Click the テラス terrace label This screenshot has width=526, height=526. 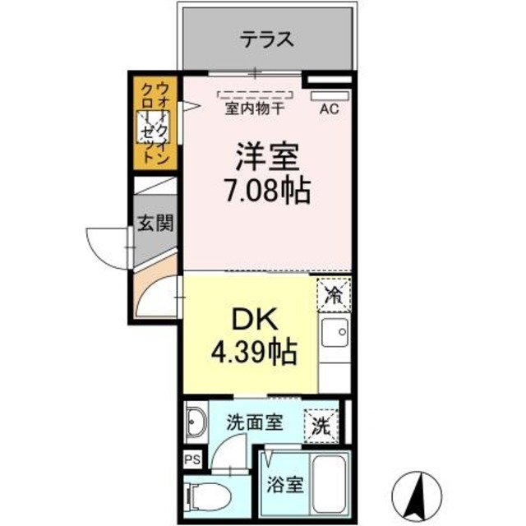pos(267,39)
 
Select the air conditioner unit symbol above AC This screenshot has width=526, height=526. pos(329,95)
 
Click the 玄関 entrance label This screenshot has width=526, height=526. pos(155,223)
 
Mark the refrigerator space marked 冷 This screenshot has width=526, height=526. pos(334,292)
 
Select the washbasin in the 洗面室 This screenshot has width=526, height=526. pos(196,422)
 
